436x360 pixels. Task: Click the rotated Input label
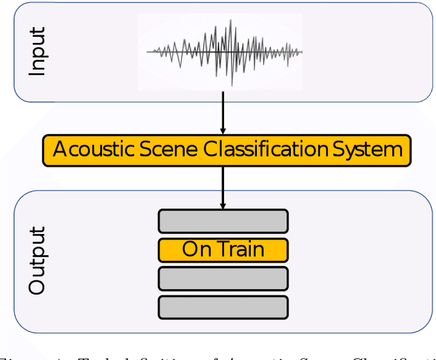point(37,52)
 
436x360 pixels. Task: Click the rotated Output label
point(37,261)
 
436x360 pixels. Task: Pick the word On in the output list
point(197,250)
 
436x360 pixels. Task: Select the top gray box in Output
point(223,221)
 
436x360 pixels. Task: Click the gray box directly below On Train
point(223,278)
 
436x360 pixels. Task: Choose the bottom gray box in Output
point(223,307)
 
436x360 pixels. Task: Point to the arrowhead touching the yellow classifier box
point(223,131)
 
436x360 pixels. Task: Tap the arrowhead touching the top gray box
point(223,206)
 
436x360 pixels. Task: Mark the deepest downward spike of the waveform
point(232,84)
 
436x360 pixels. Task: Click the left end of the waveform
point(149,51)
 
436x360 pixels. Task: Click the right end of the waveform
point(301,51)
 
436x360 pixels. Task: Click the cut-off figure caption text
point(218,354)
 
